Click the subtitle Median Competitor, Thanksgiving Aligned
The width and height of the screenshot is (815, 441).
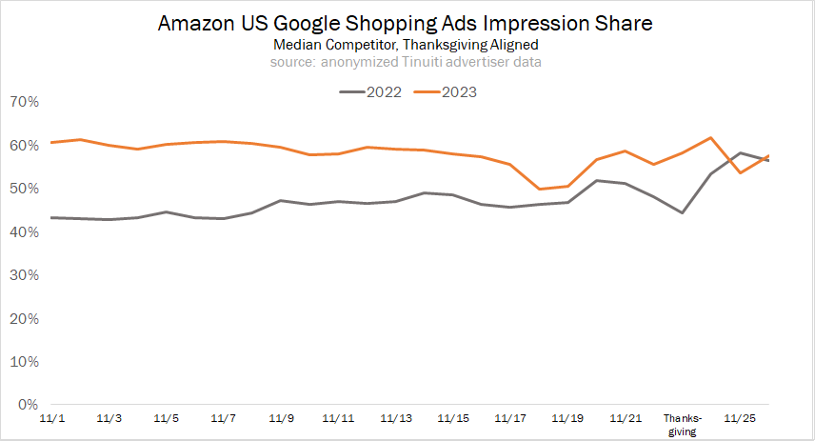pyautogui.click(x=407, y=45)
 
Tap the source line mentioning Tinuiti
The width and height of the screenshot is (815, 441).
pyautogui.click(x=407, y=62)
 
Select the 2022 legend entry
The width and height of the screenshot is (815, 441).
pyautogui.click(x=371, y=92)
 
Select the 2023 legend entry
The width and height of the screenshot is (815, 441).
pyautogui.click(x=447, y=92)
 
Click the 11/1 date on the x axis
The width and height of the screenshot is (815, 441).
pyautogui.click(x=51, y=418)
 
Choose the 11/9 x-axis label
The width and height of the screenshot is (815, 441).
pyautogui.click(x=281, y=418)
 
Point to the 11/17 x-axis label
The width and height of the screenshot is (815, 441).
pyautogui.click(x=510, y=418)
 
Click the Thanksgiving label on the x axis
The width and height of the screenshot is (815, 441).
pyautogui.click(x=682, y=424)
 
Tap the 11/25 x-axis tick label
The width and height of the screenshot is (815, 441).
pyautogui.click(x=740, y=418)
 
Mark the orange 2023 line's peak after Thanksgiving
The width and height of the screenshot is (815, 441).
pyautogui.click(x=711, y=138)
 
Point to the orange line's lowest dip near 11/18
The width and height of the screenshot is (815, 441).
pyautogui.click(x=540, y=189)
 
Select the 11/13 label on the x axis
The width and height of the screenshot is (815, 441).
pyautogui.click(x=396, y=418)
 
